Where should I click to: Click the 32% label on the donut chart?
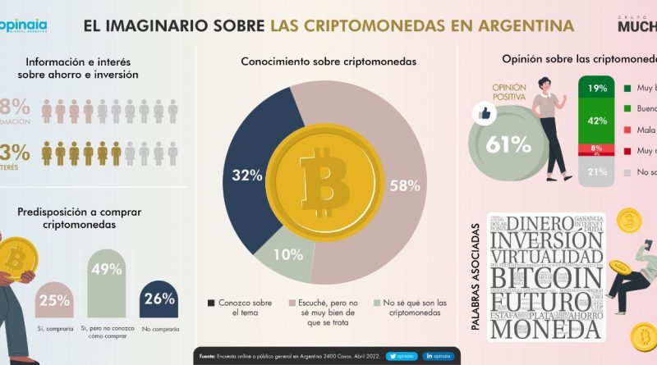pos(246,175)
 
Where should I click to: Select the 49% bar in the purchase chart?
pos(107,284)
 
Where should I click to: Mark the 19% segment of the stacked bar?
pos(597,88)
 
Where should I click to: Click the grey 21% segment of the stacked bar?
pos(597,171)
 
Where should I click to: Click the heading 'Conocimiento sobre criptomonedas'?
pos(328,61)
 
